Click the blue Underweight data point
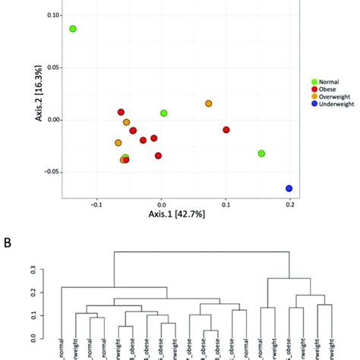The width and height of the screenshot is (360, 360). coord(289,188)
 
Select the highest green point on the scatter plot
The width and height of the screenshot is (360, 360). coord(73,29)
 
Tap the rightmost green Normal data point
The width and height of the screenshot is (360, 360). coord(261,153)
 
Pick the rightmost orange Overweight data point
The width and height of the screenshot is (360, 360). coord(208,103)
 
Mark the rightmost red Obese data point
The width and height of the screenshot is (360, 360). coord(226,130)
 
